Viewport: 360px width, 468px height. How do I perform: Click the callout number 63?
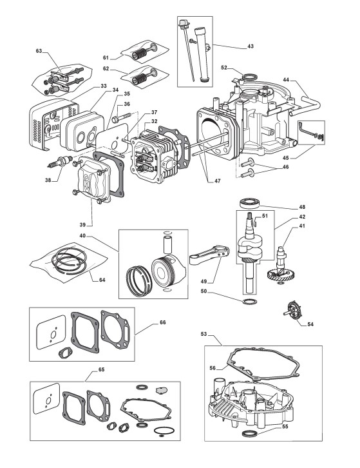tap(39, 51)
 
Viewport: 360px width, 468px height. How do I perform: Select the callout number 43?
tap(251, 46)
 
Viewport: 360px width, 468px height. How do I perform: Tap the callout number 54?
tap(310, 324)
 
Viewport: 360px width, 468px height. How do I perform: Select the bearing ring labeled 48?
tap(250, 202)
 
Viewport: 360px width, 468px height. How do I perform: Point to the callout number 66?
tap(162, 322)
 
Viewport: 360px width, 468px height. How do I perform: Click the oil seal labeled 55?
tap(249, 433)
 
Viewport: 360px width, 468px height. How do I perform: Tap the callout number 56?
tap(213, 368)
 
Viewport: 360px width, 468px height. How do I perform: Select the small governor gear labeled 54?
tap(293, 311)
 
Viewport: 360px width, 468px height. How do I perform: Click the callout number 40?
tap(82, 236)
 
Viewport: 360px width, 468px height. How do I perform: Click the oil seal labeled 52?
tap(249, 77)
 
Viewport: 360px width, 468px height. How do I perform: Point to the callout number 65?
tap(101, 369)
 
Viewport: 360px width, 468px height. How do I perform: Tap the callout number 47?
tap(218, 181)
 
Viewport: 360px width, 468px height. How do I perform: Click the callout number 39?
tap(82, 224)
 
